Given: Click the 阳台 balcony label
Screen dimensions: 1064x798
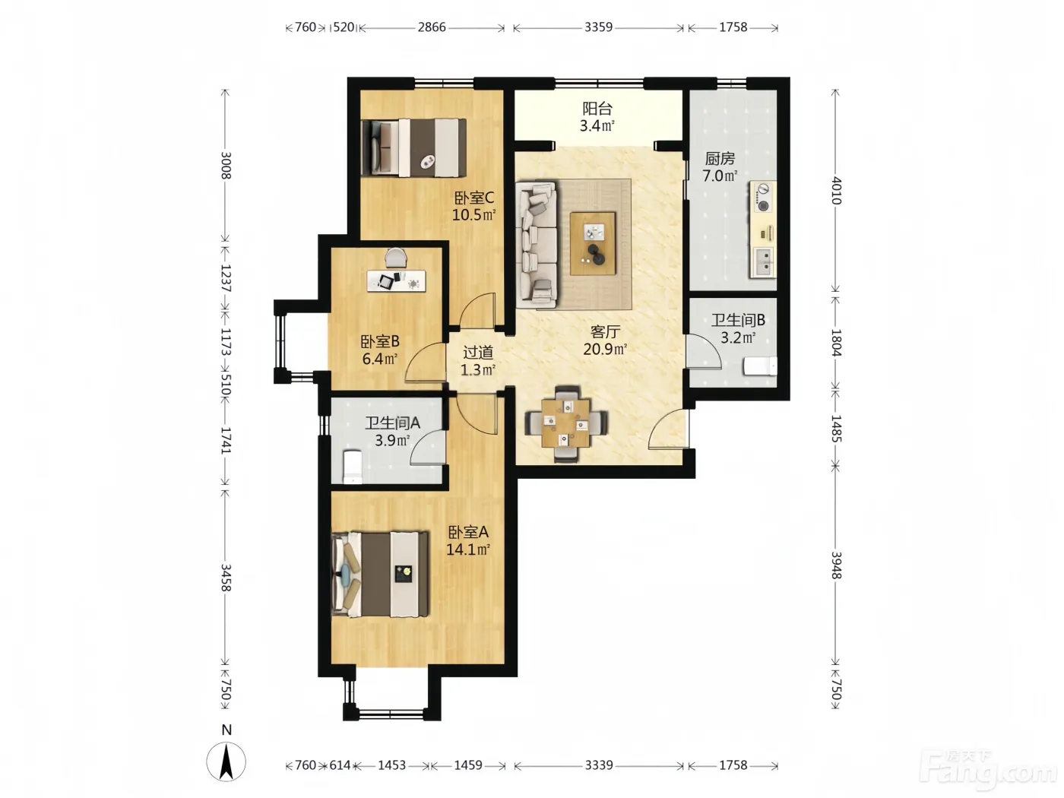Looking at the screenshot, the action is point(597,108).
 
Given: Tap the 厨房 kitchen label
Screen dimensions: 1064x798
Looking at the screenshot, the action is point(720,158).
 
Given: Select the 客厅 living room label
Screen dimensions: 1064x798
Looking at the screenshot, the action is point(605,332).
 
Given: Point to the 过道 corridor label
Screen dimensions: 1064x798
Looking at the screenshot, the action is point(478,352).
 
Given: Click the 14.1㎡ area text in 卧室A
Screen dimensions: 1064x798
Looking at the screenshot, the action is point(467,549).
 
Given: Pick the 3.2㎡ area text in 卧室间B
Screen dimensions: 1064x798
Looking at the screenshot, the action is point(738,337).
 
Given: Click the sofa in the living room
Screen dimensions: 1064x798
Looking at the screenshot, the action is point(536,245).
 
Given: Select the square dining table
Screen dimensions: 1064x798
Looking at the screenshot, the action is point(565,423).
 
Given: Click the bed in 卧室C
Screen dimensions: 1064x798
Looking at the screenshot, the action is point(413,147).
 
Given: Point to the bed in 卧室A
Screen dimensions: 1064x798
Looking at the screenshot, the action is point(380,574).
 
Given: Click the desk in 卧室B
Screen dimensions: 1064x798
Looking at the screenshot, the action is point(396,281).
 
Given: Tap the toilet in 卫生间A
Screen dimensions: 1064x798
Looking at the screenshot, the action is point(353,467).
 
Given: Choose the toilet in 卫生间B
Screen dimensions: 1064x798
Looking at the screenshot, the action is point(760,366).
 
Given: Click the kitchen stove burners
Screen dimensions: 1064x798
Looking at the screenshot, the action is point(763,197).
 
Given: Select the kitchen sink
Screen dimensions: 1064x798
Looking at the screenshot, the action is point(762,261).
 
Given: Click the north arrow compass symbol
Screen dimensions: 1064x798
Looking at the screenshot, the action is point(226,762).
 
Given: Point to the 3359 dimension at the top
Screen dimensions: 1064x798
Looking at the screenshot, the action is point(598,27).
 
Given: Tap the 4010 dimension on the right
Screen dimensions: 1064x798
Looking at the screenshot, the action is point(836,191).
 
